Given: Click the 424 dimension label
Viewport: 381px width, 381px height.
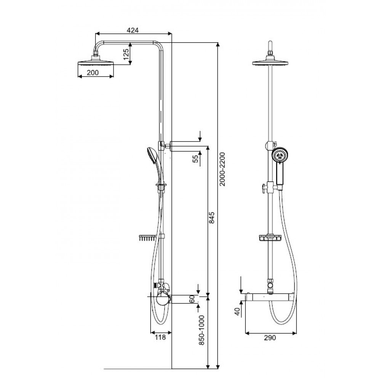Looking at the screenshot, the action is coord(133,30).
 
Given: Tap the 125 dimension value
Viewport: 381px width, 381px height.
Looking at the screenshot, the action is coord(126,54).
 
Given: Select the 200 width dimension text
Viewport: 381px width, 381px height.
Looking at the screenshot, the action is coord(93,72).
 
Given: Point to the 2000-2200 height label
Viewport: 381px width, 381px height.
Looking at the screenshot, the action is coord(223,169).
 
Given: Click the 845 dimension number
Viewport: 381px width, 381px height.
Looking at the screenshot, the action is coord(211,218).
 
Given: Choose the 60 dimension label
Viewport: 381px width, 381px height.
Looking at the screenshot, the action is coord(192,299).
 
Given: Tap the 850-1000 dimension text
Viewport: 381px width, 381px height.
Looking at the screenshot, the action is coord(202,330).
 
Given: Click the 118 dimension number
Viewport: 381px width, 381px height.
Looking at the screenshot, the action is coord(160,337).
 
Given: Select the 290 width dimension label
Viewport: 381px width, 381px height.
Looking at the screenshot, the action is coord(270,338).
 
